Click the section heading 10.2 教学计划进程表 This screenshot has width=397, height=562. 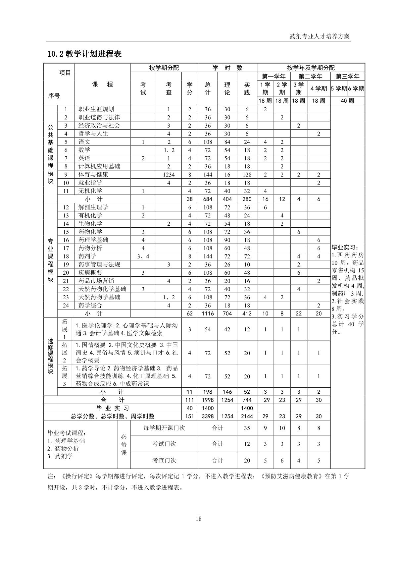84,54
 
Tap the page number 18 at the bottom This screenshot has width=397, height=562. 198,519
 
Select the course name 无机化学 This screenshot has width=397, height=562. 90,191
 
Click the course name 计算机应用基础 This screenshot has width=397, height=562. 99,166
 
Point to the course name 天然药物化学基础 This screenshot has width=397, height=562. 102,289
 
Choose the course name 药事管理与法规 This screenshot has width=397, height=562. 99,264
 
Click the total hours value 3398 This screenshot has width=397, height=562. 208,416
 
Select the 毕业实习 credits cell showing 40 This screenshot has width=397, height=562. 190,408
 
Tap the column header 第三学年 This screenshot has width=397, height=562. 347,77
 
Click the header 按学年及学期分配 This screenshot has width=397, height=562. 311,68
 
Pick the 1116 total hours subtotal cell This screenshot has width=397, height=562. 208,313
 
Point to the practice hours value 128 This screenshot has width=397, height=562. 247,175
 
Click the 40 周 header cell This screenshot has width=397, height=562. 347,101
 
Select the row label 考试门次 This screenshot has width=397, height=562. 164,444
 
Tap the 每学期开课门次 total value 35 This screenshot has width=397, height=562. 247,428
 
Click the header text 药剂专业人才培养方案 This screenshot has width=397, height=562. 320,36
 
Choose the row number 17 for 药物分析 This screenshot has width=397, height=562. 66,248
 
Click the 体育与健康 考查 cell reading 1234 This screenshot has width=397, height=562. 169,175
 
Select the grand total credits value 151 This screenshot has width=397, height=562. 190,416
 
